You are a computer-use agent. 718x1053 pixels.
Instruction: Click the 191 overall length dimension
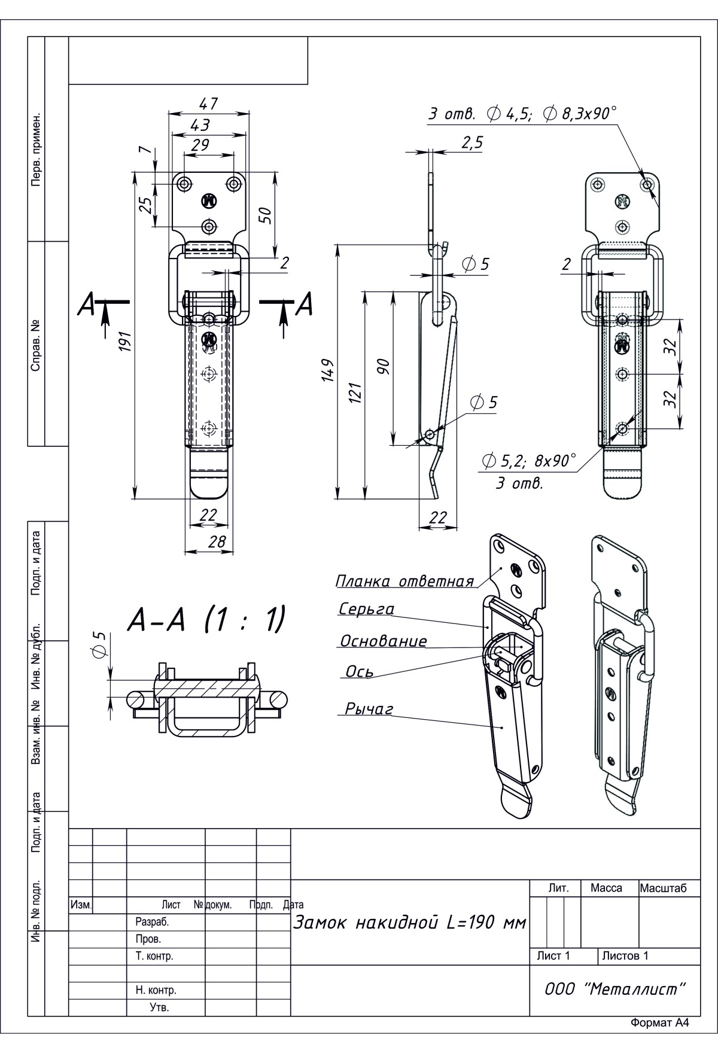point(125,342)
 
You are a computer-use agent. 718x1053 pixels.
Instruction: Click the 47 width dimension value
point(208,104)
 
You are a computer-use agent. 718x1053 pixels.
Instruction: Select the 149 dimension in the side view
point(328,372)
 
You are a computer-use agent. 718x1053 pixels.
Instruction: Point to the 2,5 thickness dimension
point(472,142)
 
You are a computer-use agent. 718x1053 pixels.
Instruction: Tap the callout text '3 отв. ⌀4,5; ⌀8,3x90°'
point(522,114)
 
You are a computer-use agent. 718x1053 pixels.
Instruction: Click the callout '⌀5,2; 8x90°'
point(528,461)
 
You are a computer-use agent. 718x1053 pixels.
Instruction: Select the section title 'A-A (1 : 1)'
point(205,620)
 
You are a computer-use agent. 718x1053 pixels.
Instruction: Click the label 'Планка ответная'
point(404,581)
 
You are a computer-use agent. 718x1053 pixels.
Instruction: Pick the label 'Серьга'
point(367,609)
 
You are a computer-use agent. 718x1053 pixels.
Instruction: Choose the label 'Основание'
point(384,641)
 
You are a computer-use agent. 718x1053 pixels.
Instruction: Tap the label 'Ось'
point(360,672)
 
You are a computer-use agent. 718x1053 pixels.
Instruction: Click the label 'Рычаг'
point(369,709)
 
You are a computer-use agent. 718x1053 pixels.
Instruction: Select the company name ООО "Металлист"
point(614,989)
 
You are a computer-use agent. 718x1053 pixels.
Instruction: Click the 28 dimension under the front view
point(217,541)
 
